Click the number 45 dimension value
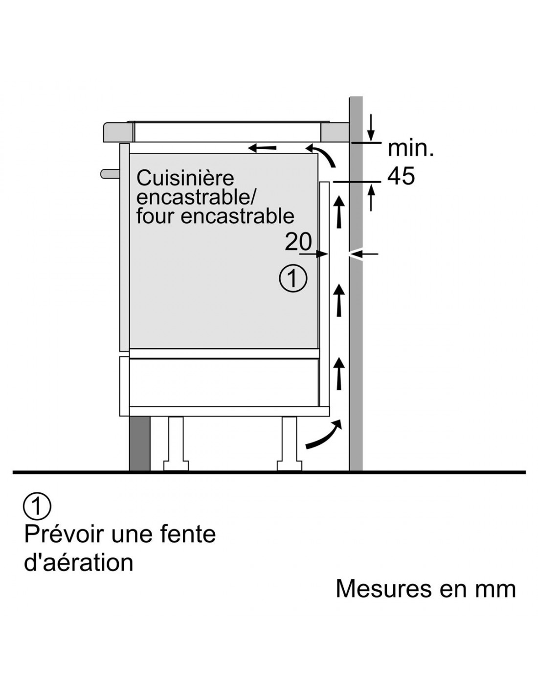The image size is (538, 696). (401, 176)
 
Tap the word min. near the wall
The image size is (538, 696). (410, 148)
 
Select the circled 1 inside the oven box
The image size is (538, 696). (293, 279)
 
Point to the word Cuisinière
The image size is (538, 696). (185, 178)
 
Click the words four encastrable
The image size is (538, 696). (215, 216)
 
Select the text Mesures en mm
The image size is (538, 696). (426, 588)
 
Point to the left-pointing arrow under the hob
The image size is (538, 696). (262, 147)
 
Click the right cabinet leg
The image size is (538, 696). (290, 443)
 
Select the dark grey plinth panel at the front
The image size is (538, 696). (139, 443)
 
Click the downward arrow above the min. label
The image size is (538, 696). (372, 126)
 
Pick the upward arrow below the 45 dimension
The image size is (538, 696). (372, 198)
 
